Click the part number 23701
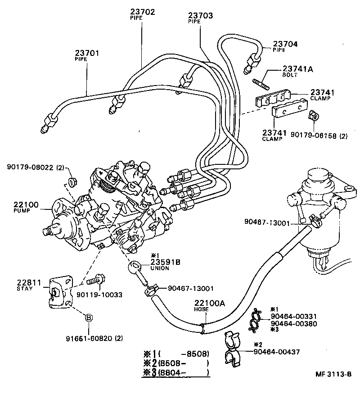click(x=87, y=53)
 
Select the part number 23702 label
click(x=143, y=12)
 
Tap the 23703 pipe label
click(x=200, y=15)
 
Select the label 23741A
click(x=297, y=69)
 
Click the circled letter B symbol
click(x=89, y=318)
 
